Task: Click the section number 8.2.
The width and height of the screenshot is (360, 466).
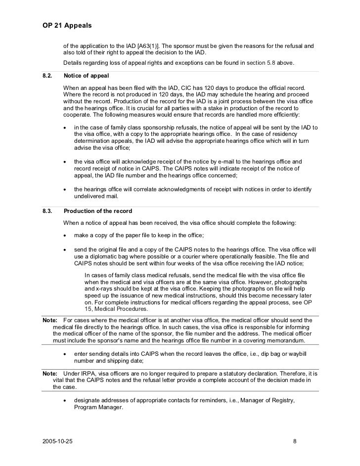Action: [48, 76]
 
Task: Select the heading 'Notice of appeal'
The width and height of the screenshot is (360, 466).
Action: [86, 76]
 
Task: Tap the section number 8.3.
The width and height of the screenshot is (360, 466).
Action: [48, 212]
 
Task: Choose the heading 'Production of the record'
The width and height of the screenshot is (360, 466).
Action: [98, 212]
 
